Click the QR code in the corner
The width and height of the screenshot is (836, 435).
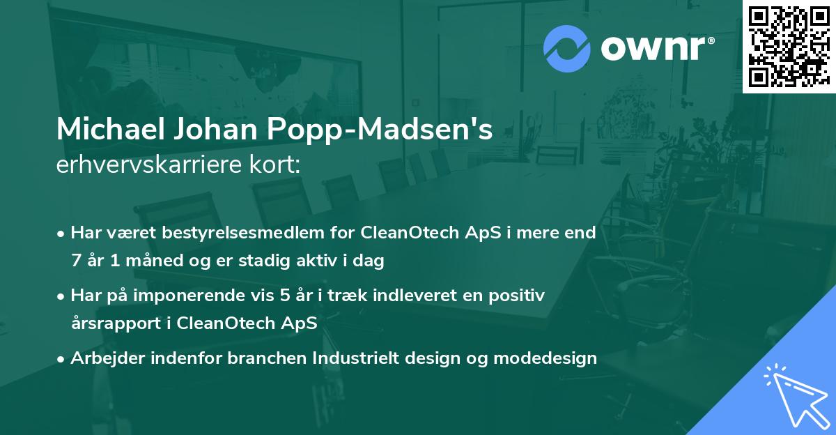(789, 46)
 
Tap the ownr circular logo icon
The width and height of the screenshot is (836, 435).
(566, 49)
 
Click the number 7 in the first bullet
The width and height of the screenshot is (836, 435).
(75, 261)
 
